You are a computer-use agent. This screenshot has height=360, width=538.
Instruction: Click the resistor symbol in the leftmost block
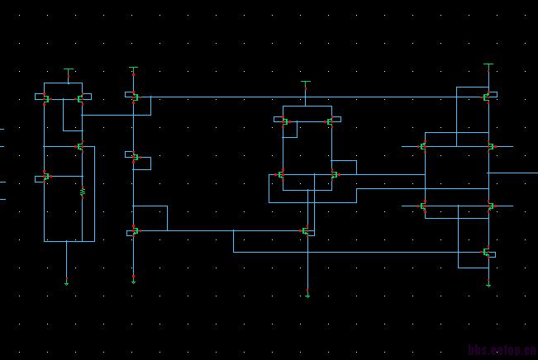point(83,192)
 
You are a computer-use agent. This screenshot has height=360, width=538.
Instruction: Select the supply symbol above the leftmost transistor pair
point(69,72)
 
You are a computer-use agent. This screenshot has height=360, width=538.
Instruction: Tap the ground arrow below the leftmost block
point(67,282)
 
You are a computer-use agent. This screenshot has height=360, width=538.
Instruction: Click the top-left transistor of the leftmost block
point(46,98)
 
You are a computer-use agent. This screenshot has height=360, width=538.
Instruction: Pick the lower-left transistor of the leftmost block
point(46,177)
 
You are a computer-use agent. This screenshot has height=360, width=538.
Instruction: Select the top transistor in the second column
point(134,97)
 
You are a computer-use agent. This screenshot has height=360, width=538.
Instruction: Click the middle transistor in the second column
point(134,155)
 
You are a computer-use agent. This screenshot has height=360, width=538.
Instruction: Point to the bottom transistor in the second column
point(134,231)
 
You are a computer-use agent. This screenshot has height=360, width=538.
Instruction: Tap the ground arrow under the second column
point(133,281)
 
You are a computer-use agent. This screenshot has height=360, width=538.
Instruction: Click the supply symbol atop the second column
point(133,69)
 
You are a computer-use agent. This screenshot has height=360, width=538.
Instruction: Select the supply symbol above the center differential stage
point(306,83)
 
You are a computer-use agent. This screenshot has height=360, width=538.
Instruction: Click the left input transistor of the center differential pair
point(281,175)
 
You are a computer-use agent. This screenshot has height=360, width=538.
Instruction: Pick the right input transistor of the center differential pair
point(333,175)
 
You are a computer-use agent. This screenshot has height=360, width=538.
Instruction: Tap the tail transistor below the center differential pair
point(306,231)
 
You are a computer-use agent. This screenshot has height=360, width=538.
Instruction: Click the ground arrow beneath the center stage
point(307,293)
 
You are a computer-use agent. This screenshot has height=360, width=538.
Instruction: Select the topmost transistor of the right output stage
point(488,97)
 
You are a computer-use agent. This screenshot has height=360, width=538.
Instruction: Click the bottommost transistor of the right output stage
point(488,253)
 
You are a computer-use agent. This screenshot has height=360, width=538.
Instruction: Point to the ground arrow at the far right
point(488,285)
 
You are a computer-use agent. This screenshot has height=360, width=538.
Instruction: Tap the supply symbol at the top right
point(488,64)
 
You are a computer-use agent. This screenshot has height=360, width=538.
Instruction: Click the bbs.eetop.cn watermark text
point(502,351)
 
